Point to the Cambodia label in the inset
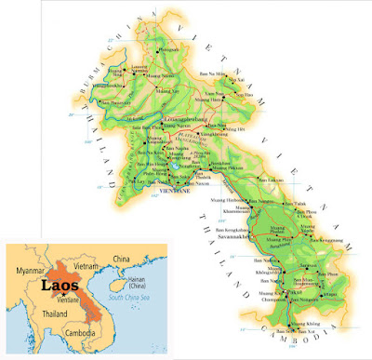pyautogui.click(x=80, y=331)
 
